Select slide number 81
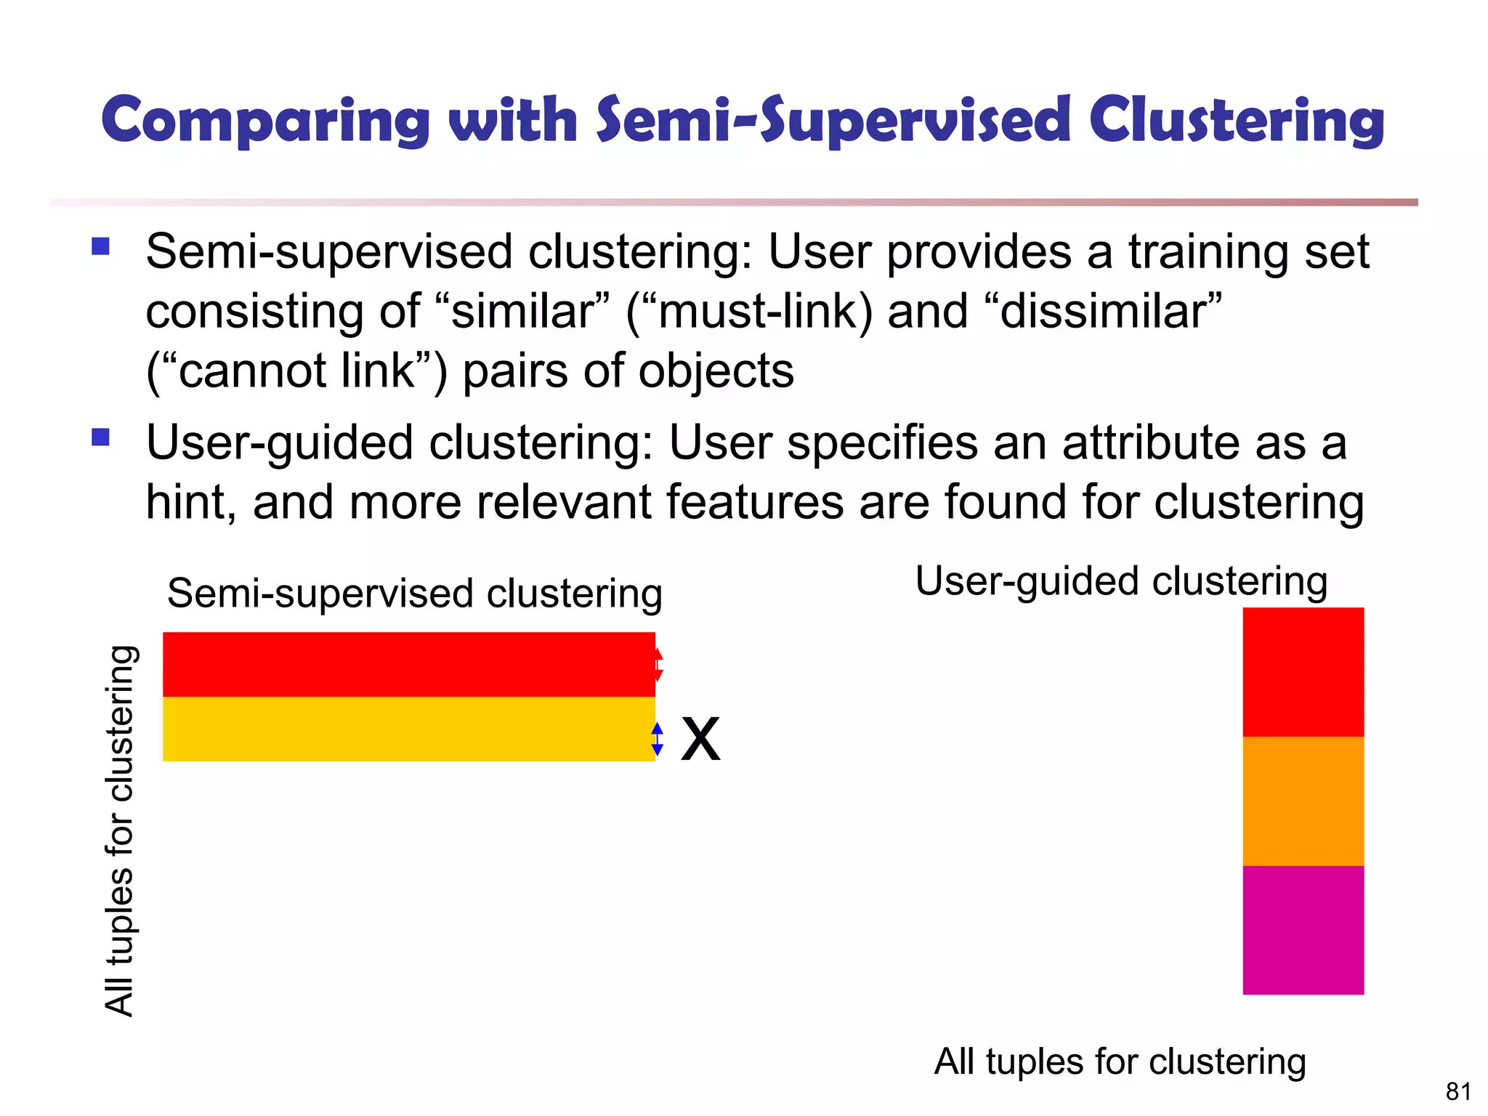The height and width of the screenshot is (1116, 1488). tap(1458, 1091)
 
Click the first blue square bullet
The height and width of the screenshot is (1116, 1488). tap(100, 247)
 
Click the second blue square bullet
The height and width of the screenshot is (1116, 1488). tap(100, 437)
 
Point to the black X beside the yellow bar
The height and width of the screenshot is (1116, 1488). tap(700, 739)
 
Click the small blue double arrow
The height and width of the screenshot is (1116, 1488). tap(658, 739)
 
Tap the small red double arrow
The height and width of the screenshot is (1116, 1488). tap(658, 665)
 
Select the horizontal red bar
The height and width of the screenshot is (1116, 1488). tap(408, 664)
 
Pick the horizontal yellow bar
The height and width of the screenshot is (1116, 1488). tap(408, 729)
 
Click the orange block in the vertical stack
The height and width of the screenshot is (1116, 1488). tap(1303, 801)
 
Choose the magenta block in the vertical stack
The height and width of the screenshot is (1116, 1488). tap(1303, 930)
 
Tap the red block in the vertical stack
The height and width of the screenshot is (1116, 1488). tap(1303, 672)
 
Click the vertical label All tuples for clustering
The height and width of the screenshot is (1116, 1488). tap(120, 830)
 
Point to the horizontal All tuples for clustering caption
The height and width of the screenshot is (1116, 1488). tap(1120, 1062)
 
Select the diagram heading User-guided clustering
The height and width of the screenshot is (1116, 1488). tap(1121, 581)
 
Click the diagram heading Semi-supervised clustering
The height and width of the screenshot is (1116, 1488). tap(414, 594)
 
